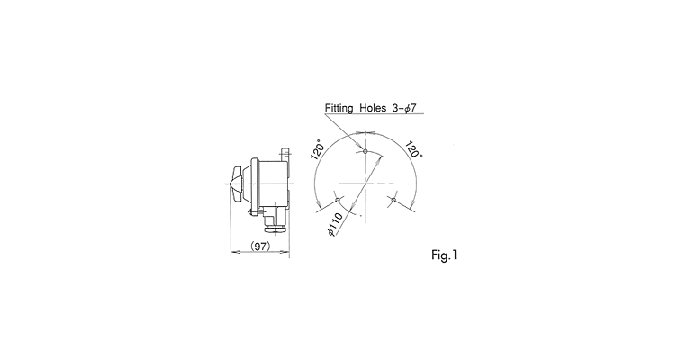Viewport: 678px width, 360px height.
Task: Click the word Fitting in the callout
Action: click(339, 108)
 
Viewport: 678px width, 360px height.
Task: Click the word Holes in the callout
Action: click(373, 108)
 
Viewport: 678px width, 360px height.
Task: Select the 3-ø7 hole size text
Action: click(404, 108)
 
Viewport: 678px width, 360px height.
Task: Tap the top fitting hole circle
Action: click(366, 151)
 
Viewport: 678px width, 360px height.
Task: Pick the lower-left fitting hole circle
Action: click(338, 200)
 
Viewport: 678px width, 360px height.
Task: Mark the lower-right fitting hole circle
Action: click(393, 200)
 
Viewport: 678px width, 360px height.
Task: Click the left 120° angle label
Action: click(318, 149)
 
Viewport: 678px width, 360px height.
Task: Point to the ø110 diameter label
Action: click(336, 224)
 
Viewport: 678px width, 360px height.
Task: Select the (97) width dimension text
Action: click(260, 246)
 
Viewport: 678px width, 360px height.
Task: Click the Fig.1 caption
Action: click(444, 256)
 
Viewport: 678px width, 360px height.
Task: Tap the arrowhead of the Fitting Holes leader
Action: click(360, 146)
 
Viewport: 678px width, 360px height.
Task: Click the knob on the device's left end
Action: click(237, 184)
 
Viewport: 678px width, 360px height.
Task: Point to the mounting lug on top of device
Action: click(285, 155)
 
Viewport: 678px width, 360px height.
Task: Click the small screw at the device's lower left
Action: click(251, 212)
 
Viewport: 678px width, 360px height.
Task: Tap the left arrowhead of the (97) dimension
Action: click(234, 252)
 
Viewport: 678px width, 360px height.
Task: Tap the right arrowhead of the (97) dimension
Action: click(285, 252)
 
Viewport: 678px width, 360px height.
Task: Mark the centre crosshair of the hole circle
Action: click(366, 184)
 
